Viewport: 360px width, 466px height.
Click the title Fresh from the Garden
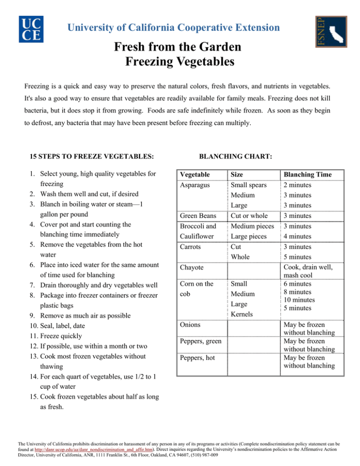(180, 47)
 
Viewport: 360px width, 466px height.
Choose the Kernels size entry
(242, 314)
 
